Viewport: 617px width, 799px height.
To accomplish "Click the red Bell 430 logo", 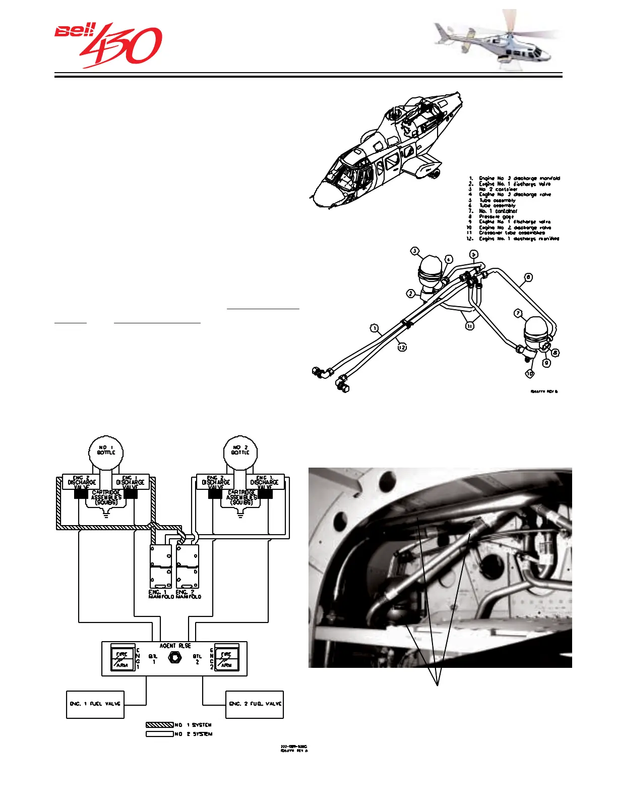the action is (108, 44).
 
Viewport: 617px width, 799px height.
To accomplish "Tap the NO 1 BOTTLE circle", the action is (106, 451).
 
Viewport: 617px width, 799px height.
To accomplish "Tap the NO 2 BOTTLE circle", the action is (240, 451).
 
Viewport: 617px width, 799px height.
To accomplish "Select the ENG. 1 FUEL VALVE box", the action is (95, 704).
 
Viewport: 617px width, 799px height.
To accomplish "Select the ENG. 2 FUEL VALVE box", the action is (255, 704).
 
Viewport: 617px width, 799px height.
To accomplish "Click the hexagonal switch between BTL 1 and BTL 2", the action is (175, 658).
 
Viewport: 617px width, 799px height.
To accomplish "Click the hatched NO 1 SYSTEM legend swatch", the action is (159, 725).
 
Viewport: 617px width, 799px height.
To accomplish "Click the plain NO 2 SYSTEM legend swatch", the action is (159, 734).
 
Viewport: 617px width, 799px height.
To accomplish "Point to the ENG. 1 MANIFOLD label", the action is (161, 594).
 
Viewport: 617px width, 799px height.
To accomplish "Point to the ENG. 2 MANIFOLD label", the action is (189, 594).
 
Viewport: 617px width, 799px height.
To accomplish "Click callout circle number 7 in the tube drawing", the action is (519, 313).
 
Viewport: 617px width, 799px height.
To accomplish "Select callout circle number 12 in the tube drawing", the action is (402, 347).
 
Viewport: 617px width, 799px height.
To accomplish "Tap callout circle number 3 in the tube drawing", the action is (415, 251).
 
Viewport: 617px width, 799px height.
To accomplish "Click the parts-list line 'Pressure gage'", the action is (497, 216).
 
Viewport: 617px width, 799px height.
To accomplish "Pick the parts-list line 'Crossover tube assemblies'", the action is (511, 233).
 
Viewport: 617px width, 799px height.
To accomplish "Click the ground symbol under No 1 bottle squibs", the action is (106, 516).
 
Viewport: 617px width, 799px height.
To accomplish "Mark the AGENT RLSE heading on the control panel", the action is (175, 646).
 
